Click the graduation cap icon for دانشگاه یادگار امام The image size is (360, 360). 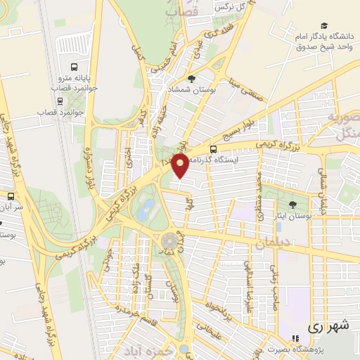(323, 25)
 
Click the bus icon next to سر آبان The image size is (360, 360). (11, 196)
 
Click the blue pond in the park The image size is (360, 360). (146, 208)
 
